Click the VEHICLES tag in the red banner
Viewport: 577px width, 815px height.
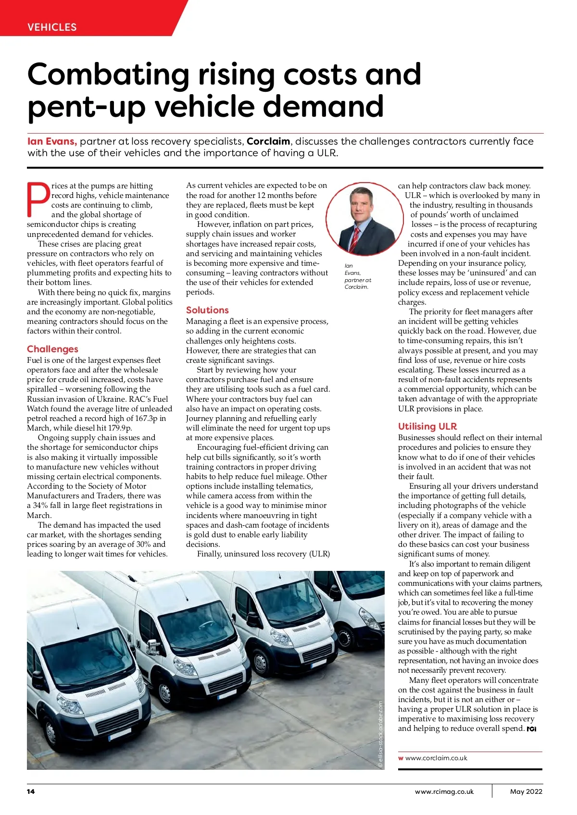pyautogui.click(x=52, y=27)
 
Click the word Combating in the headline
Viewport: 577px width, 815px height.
pyautogui.click(x=108, y=74)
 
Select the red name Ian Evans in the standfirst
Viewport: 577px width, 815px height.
pyautogui.click(x=52, y=141)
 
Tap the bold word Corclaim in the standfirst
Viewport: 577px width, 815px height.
pyautogui.click(x=268, y=141)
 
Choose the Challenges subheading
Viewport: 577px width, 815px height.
pyautogui.click(x=52, y=349)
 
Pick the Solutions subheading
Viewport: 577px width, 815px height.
pyautogui.click(x=207, y=310)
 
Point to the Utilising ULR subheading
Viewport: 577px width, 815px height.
pyautogui.click(x=427, y=426)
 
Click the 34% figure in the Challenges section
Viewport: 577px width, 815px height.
pyautogui.click(x=40, y=506)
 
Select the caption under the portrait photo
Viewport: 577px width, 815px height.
pyautogui.click(x=357, y=276)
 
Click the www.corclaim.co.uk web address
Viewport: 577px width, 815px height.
pyautogui.click(x=436, y=758)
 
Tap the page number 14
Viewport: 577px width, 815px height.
pyautogui.click(x=31, y=791)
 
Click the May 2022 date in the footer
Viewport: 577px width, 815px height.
pyautogui.click(x=526, y=791)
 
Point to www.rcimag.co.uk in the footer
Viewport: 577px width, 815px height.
pyautogui.click(x=444, y=791)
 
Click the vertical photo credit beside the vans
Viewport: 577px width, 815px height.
pyautogui.click(x=380, y=734)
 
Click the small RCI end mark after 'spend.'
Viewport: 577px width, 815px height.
pyautogui.click(x=531, y=729)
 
